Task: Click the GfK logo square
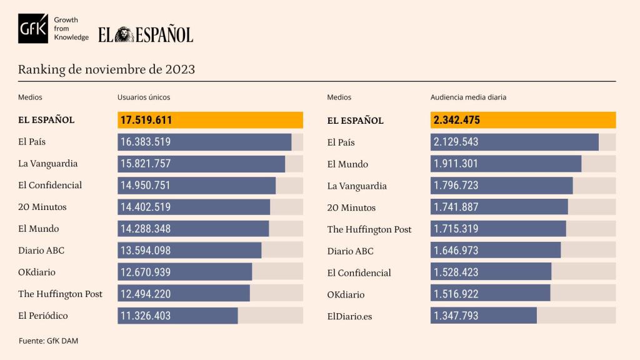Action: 33,29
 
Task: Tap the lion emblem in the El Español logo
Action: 124,34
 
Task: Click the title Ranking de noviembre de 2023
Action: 106,69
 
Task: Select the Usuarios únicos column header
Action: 144,97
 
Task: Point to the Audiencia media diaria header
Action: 469,97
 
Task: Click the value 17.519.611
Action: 146,120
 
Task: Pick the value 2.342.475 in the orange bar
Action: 457,120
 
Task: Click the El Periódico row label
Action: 43,316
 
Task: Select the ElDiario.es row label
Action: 349,316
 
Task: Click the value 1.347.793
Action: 456,316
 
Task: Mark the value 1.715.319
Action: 456,229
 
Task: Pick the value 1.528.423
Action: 456,272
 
